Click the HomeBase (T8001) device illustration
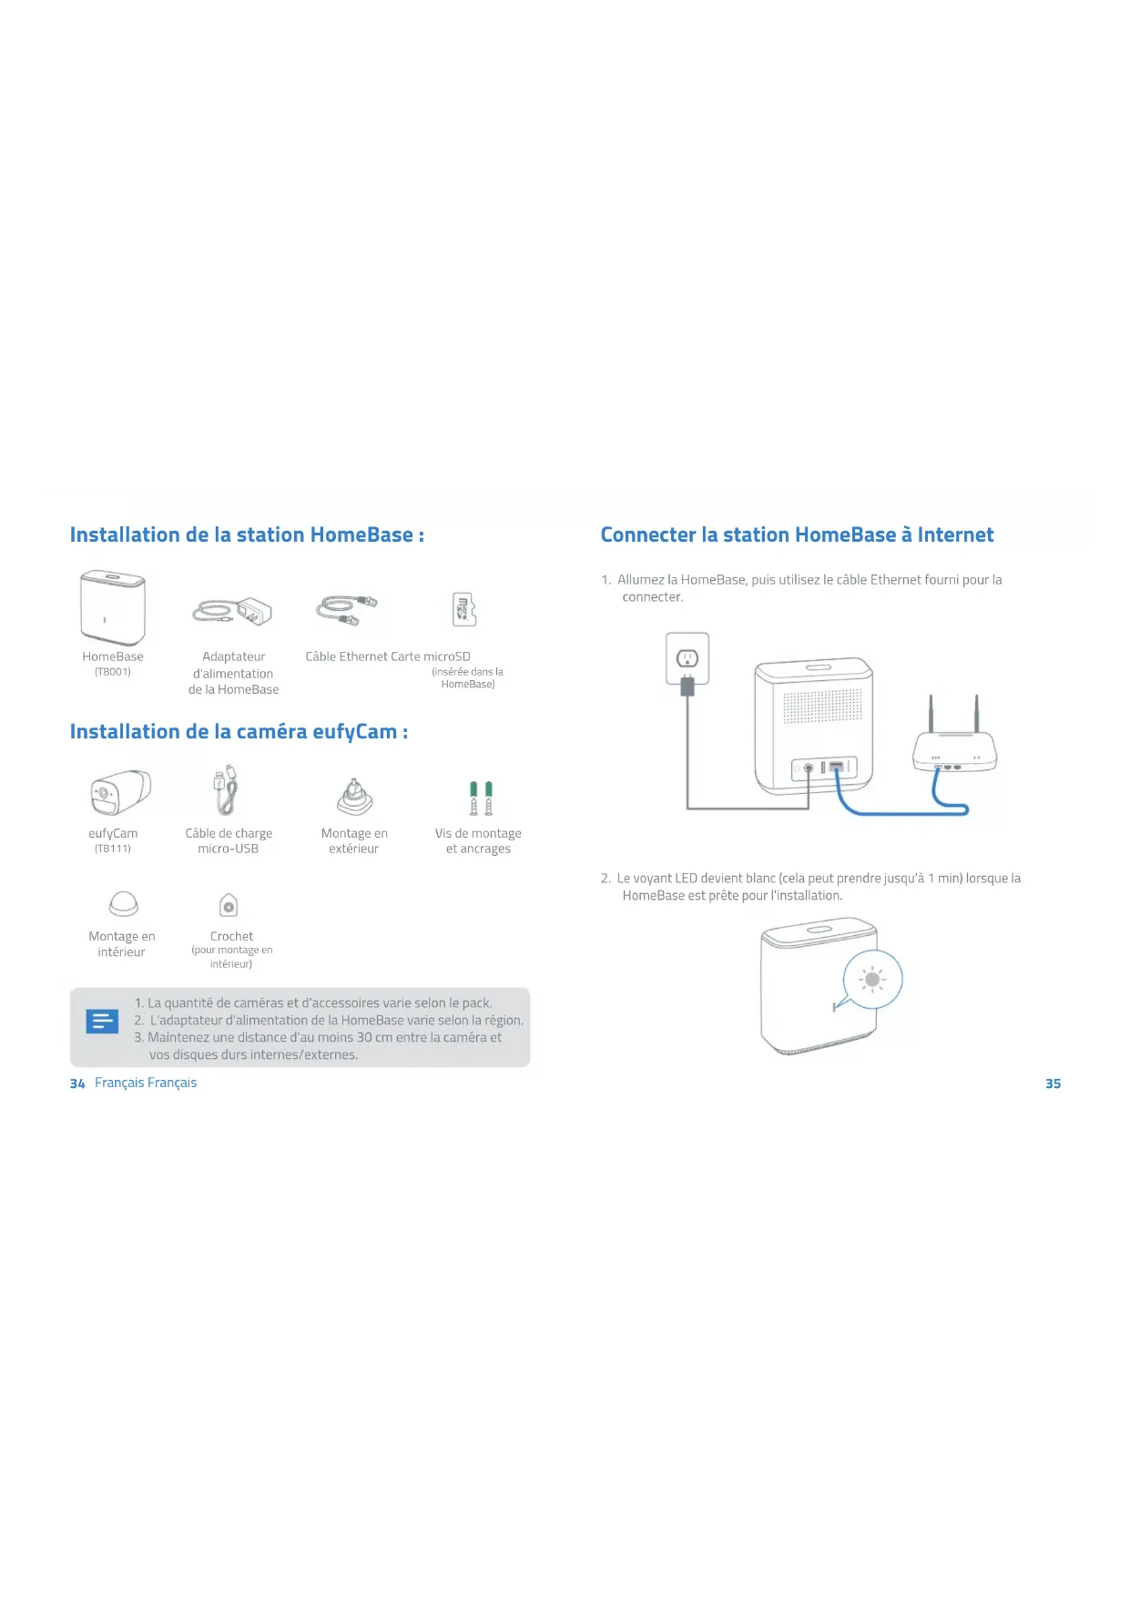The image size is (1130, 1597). click(113, 607)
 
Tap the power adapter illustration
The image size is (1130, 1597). click(233, 612)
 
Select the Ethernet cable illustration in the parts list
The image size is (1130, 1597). click(346, 609)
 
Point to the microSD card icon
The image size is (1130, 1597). click(464, 609)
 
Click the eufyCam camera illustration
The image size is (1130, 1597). click(119, 793)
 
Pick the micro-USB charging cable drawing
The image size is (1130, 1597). click(226, 789)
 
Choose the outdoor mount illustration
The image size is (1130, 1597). click(354, 798)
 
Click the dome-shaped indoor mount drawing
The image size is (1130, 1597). click(123, 904)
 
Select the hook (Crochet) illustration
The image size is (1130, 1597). click(229, 905)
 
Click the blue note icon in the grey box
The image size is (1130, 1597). click(102, 1022)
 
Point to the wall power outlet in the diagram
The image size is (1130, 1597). click(687, 657)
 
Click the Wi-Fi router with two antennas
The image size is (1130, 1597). click(954, 742)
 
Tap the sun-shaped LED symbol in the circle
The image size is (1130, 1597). click(872, 980)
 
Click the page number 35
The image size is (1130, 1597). click(1053, 1083)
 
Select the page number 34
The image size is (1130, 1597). click(77, 1083)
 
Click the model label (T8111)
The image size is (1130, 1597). click(113, 849)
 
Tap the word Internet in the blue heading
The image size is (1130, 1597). click(955, 535)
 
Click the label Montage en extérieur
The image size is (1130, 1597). click(354, 841)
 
